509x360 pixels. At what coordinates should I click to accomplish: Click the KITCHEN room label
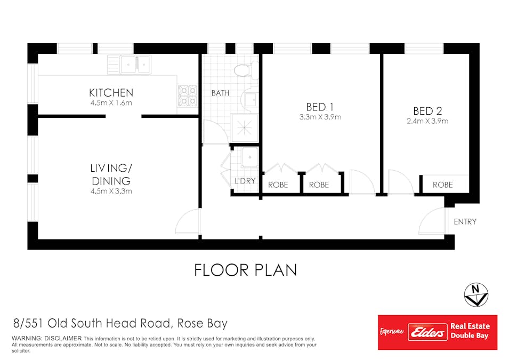click(111, 93)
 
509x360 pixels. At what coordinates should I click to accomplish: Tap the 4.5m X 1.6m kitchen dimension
click(111, 103)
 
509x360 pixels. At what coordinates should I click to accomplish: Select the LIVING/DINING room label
click(111, 174)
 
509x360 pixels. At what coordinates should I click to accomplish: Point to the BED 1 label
click(320, 107)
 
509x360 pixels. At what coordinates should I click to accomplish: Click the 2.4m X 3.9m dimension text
click(427, 121)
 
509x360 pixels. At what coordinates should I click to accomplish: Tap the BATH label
click(221, 93)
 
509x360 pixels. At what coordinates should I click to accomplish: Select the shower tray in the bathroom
click(245, 128)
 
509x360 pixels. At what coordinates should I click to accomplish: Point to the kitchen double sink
click(135, 65)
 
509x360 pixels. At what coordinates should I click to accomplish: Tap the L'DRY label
click(245, 181)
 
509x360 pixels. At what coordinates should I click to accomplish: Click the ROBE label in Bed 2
click(443, 185)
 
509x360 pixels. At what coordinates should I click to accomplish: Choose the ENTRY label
click(465, 221)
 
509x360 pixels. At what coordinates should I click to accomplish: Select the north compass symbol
click(476, 295)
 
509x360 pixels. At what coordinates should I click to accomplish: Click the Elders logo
click(427, 332)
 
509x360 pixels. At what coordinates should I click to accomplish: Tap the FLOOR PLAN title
click(246, 270)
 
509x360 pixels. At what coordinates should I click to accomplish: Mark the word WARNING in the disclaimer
click(26, 338)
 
